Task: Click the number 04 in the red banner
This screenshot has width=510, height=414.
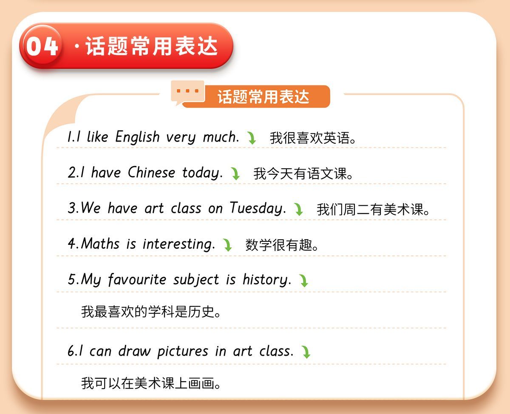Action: click(x=42, y=46)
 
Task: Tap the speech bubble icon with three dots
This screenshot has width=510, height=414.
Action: click(x=187, y=92)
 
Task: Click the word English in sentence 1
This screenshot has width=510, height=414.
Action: click(x=137, y=137)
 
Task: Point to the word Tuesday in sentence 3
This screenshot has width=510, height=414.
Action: click(x=258, y=208)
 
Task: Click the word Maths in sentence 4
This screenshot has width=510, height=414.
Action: click(x=100, y=244)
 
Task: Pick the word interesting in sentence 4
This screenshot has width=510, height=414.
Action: click(x=178, y=244)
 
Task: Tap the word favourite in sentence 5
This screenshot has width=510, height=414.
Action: click(x=137, y=279)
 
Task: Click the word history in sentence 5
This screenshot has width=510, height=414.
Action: click(x=267, y=280)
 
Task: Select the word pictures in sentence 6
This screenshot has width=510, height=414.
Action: click(x=183, y=352)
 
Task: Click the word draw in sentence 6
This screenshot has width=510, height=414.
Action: click(x=135, y=351)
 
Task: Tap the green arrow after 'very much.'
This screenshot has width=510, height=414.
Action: click(x=252, y=138)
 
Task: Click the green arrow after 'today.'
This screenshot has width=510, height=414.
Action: click(x=235, y=173)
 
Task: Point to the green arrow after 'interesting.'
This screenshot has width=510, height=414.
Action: click(x=227, y=245)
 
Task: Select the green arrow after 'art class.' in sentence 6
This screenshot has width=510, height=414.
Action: click(x=306, y=352)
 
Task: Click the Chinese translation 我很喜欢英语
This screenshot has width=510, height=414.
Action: click(x=313, y=138)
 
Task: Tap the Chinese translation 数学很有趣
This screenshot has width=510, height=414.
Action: click(x=282, y=245)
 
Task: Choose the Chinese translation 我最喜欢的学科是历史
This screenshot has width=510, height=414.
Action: click(x=151, y=312)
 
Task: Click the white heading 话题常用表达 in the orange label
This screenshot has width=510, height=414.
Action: click(x=263, y=97)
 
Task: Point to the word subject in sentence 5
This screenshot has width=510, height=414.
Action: click(x=196, y=280)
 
